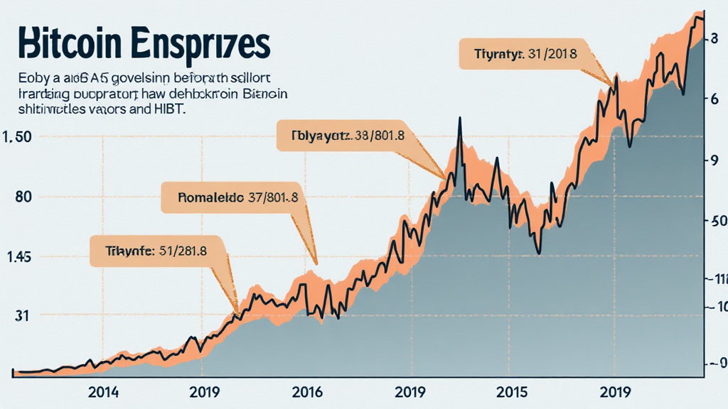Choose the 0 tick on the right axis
pos(718,364)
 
